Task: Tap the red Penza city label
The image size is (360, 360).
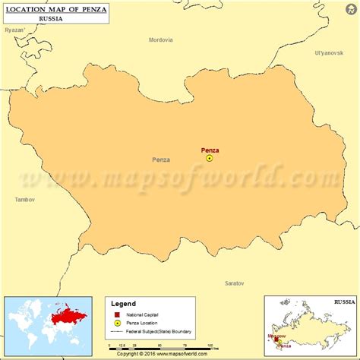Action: pos(210,150)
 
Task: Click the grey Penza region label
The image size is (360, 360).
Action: pos(161,159)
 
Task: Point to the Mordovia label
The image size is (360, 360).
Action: pos(160,39)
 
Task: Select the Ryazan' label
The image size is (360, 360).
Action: pos(15,30)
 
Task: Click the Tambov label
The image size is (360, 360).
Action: pos(25,199)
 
